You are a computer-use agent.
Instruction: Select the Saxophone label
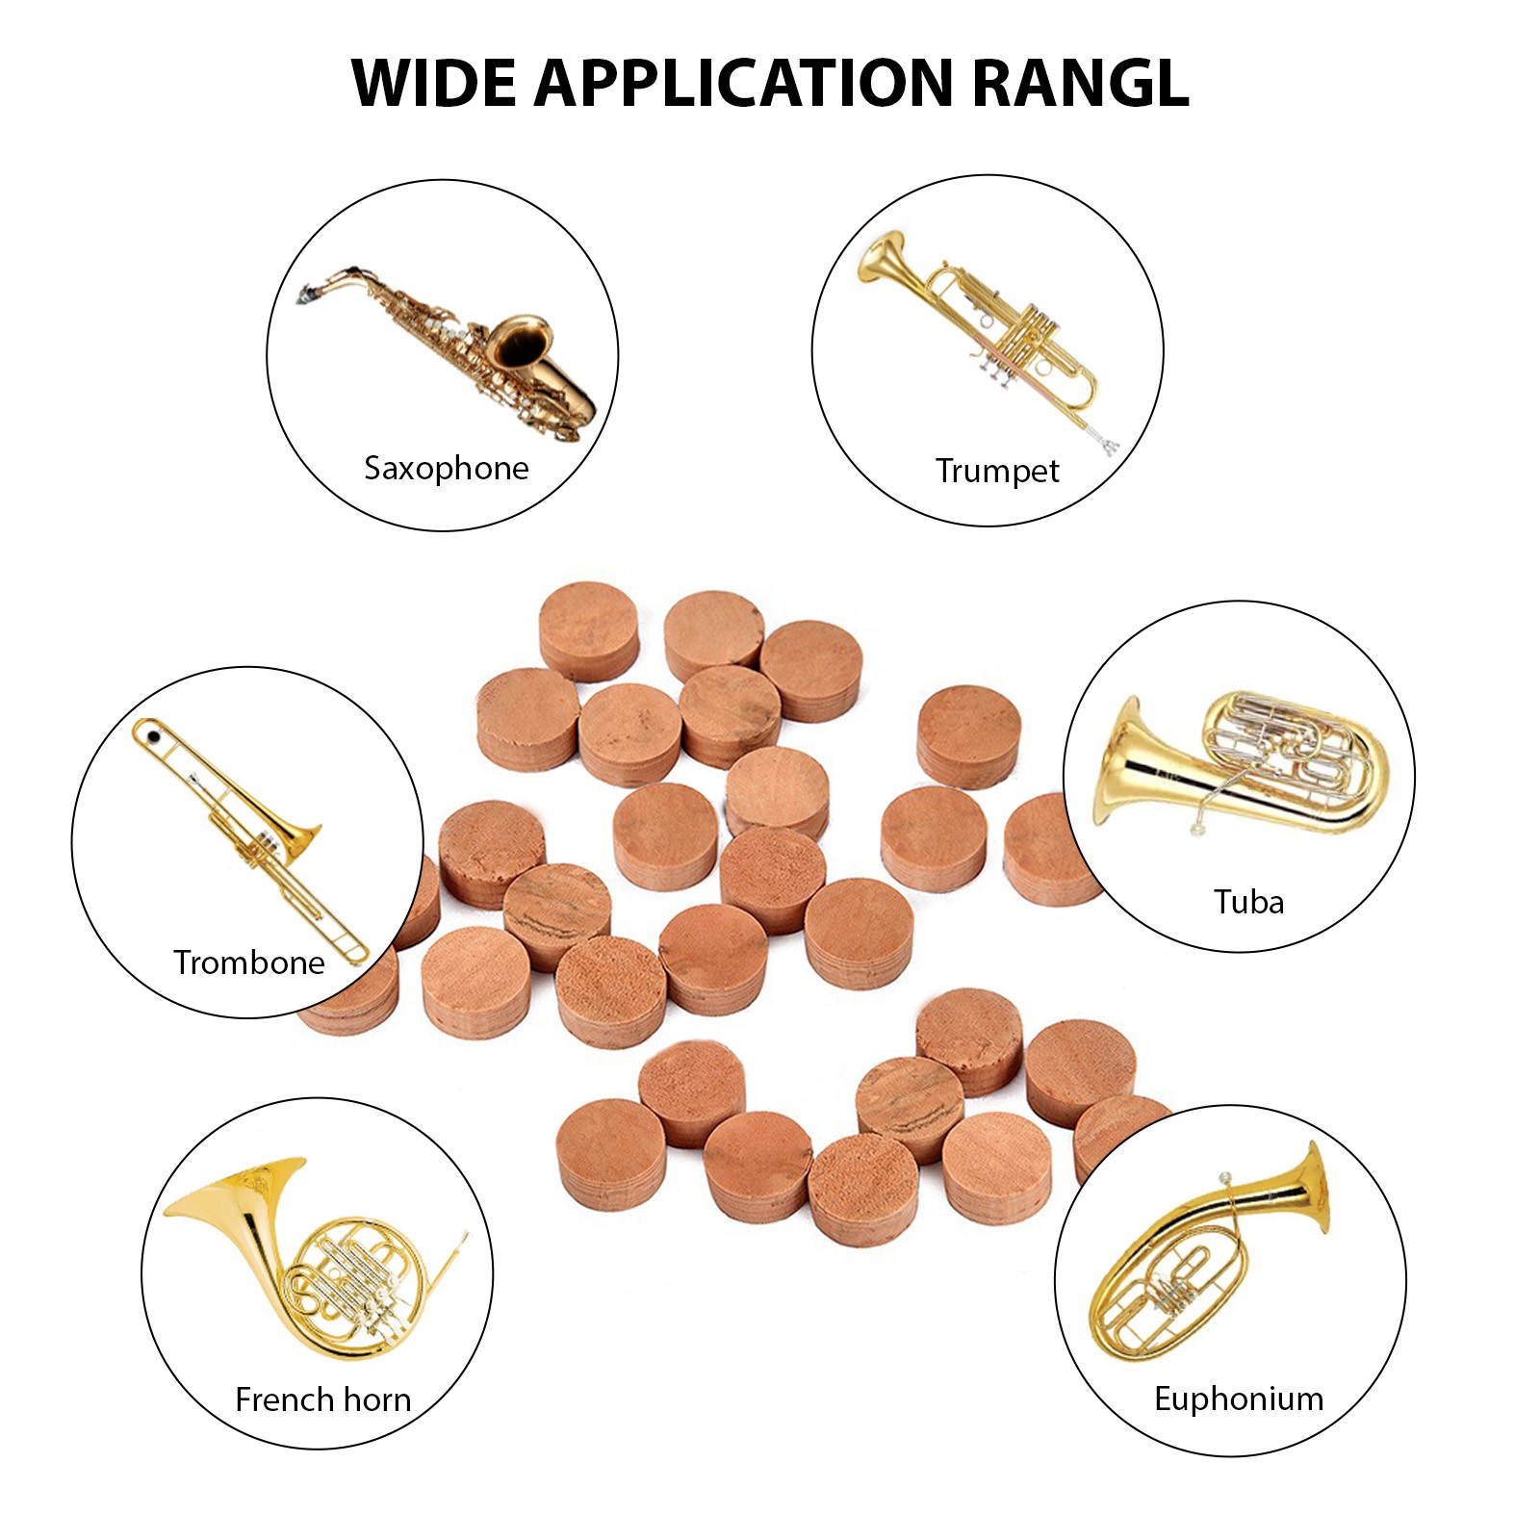tap(446, 469)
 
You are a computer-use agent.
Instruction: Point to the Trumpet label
tap(996, 471)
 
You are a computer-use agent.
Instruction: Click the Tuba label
tap(1248, 902)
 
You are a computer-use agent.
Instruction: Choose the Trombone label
tap(248, 962)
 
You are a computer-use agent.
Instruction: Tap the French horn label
tap(322, 1399)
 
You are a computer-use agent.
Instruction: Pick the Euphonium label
tap(1239, 1399)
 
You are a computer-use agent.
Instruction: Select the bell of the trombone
tap(300, 835)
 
